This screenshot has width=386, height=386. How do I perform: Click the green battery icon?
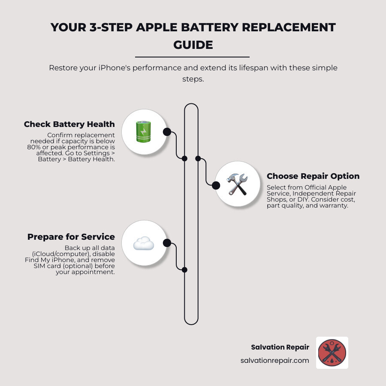pyautogui.click(x=143, y=132)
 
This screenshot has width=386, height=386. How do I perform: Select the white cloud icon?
pyautogui.click(x=143, y=244)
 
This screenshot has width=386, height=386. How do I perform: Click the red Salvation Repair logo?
pyautogui.click(x=332, y=353)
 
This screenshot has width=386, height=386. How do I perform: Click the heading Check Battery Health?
pyautogui.click(x=69, y=124)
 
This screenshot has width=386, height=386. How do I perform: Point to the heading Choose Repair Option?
pyautogui.click(x=313, y=176)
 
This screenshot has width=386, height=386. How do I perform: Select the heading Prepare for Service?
pyautogui.click(x=71, y=237)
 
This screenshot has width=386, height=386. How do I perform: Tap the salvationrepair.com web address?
pyautogui.click(x=274, y=360)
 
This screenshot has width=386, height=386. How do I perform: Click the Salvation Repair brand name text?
pyautogui.click(x=280, y=347)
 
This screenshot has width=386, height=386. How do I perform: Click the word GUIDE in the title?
pyautogui.click(x=193, y=45)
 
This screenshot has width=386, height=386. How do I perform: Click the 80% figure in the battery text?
pyautogui.click(x=34, y=147)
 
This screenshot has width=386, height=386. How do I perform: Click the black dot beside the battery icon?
pyautogui.click(x=167, y=132)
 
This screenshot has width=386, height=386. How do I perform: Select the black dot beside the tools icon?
pyautogui.click(x=216, y=185)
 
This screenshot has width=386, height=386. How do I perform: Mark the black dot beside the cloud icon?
pyautogui.click(x=167, y=243)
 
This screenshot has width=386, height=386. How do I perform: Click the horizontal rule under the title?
pyautogui.click(x=192, y=57)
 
